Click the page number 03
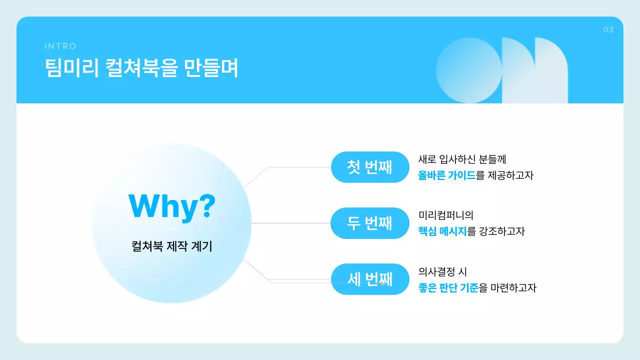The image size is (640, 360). click(608, 30)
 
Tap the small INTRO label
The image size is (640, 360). click(60, 46)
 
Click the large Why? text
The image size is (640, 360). click(172, 205)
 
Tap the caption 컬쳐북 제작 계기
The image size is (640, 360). click(171, 246)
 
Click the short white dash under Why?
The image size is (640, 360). click(171, 229)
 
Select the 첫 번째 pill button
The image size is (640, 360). click(370, 167)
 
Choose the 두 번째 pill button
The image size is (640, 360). click(370, 223)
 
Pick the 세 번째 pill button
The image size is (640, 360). click(370, 279)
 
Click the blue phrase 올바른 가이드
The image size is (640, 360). click(446, 175)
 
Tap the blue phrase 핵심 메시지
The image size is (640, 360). click(442, 231)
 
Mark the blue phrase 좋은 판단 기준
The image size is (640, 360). click(448, 288)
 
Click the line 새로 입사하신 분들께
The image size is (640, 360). click(462, 159)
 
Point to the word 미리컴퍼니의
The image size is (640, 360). click(445, 215)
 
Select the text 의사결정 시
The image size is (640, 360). click(442, 272)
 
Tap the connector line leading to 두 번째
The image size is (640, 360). click(290, 223)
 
